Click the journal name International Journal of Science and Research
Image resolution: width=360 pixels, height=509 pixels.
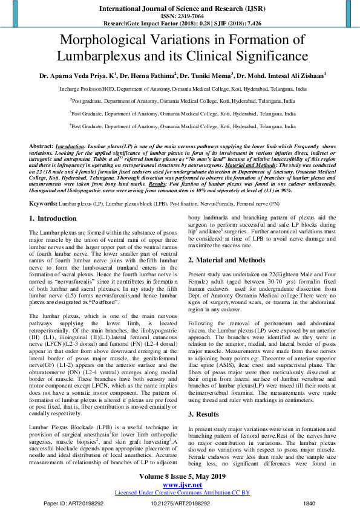tap(180, 9)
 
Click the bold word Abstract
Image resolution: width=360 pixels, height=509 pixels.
tap(41, 147)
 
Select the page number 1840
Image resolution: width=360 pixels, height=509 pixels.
tap(309, 503)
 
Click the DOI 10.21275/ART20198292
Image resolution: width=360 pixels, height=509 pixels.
tap(180, 503)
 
